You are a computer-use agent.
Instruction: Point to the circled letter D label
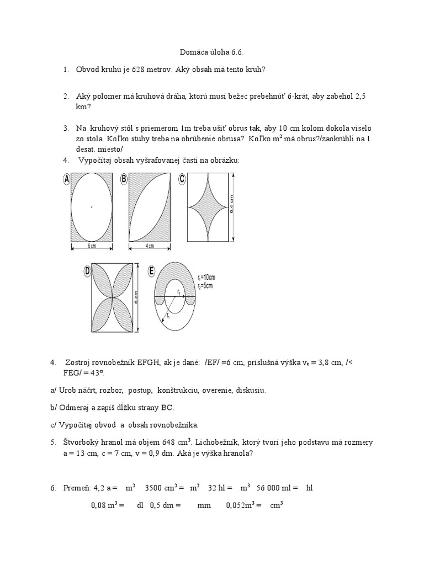coord(87,271)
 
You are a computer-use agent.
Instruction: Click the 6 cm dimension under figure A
coord(92,246)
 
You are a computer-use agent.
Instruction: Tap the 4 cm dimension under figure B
coord(150,246)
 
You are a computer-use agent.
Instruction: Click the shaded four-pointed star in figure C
coord(208,207)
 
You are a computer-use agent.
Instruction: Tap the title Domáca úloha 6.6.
coord(211,52)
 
